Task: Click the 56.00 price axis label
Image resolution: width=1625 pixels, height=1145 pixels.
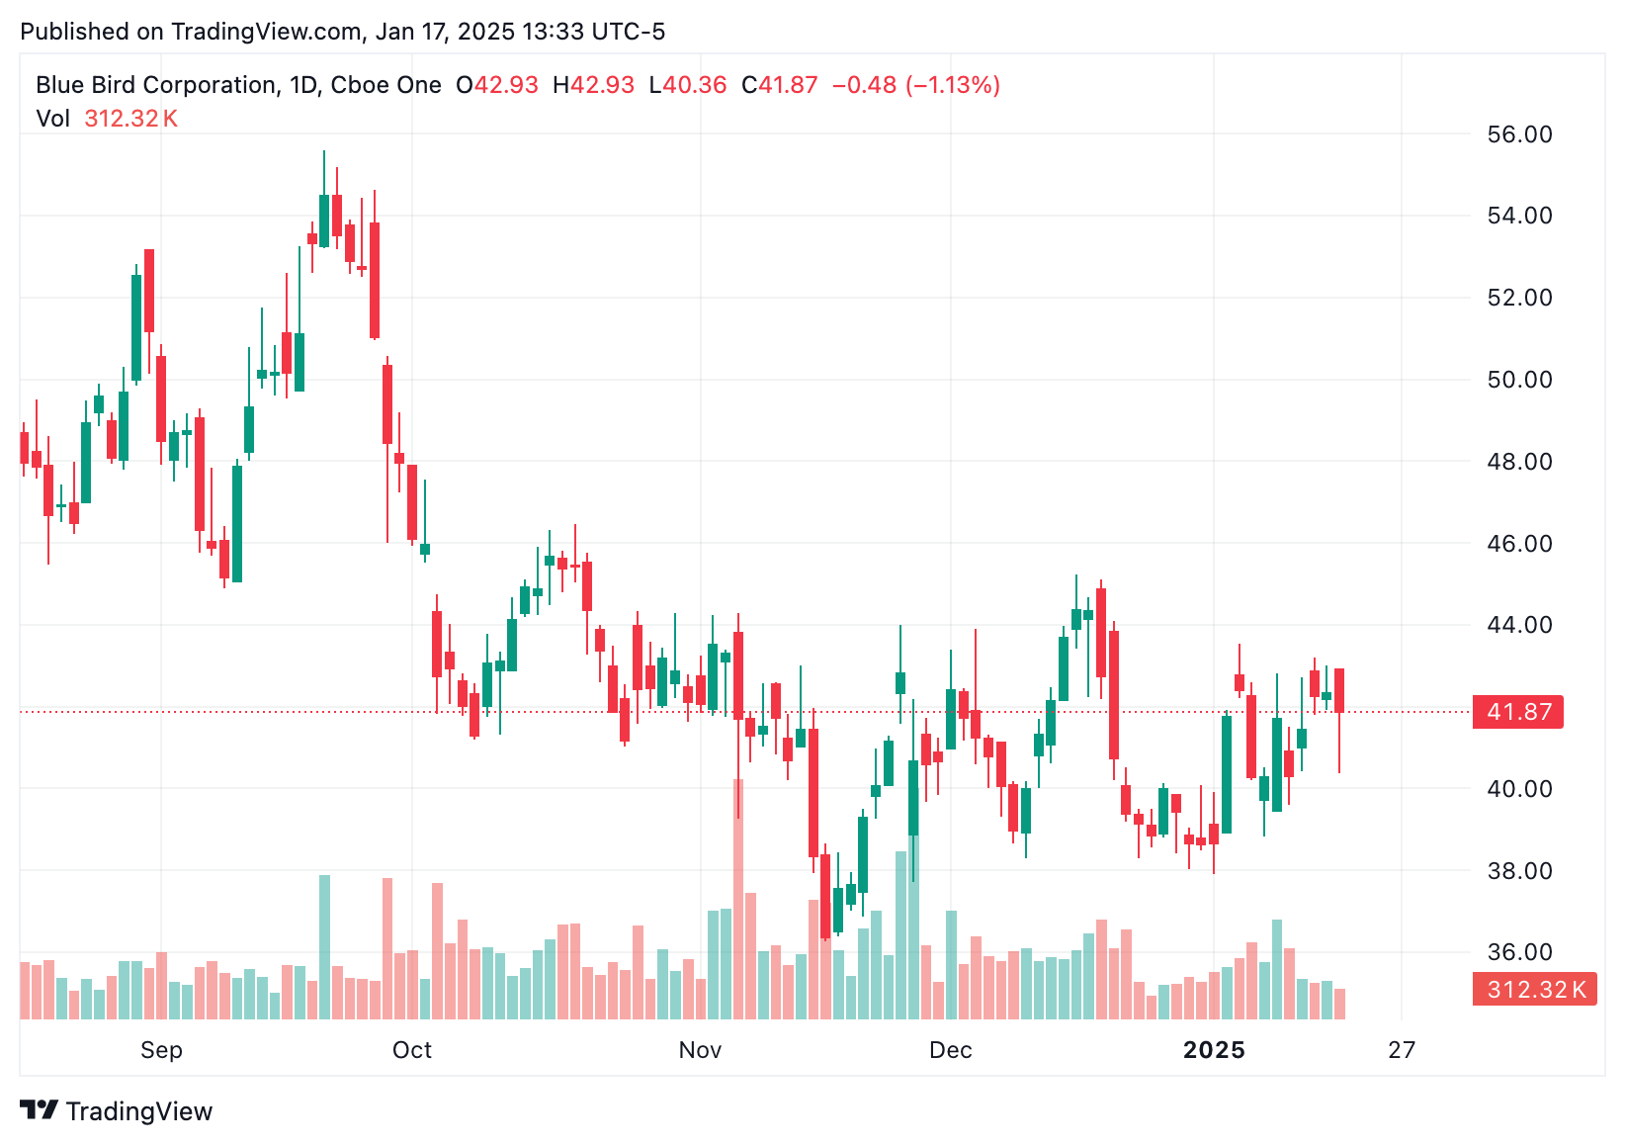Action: (x=1519, y=134)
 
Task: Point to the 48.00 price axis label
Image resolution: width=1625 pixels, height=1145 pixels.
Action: (x=1519, y=462)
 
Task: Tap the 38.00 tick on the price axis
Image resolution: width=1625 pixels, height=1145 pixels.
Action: (x=1519, y=871)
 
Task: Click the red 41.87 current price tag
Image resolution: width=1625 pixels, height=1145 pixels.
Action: (x=1517, y=712)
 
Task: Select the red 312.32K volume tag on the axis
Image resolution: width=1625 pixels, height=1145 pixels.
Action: (x=1534, y=989)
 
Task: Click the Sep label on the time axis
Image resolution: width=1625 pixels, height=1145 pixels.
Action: (x=161, y=1050)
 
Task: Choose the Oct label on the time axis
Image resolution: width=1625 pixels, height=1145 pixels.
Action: (x=411, y=1050)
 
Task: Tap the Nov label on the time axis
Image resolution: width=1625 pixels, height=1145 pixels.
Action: (x=700, y=1050)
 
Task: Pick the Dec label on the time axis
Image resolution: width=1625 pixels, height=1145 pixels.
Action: (x=950, y=1050)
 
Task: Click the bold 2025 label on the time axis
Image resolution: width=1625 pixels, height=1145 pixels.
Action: (x=1214, y=1050)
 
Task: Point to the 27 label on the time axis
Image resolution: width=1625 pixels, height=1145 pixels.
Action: (x=1401, y=1050)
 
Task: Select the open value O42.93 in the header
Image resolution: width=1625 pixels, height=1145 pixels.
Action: (x=497, y=85)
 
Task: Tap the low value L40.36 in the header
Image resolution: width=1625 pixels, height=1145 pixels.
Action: (x=688, y=85)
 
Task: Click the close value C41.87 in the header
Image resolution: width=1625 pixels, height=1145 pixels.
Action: (x=780, y=85)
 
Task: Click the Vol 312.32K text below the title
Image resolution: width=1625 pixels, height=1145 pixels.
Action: (x=107, y=119)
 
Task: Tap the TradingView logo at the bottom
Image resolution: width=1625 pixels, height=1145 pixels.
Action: (x=117, y=1111)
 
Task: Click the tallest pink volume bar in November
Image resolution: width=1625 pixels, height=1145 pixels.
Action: (x=737, y=898)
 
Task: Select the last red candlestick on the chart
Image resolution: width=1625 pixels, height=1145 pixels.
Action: (x=1339, y=690)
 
